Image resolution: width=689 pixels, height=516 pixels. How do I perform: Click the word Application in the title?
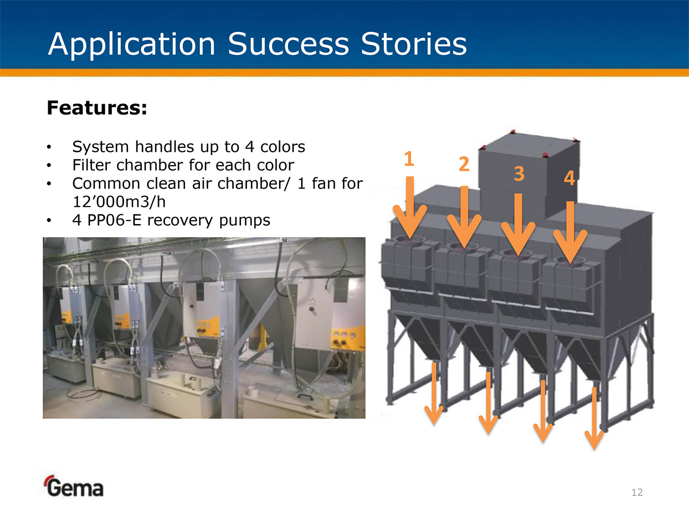(131, 45)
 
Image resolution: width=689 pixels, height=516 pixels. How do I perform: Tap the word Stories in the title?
(414, 44)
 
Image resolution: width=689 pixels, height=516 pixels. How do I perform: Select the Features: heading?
(96, 108)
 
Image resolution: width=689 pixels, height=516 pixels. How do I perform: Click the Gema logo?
(74, 486)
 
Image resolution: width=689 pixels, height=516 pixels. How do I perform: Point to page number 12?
(637, 492)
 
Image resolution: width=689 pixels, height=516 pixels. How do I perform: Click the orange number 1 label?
(408, 159)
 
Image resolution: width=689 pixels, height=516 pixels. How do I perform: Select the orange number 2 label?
(464, 164)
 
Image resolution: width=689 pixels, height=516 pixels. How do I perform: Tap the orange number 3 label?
(519, 173)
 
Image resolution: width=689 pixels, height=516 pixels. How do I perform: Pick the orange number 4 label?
(569, 178)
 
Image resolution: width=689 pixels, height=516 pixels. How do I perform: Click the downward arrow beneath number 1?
(409, 207)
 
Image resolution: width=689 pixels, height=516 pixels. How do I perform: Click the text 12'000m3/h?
(119, 202)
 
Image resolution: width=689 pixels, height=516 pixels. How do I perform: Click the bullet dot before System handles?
(49, 146)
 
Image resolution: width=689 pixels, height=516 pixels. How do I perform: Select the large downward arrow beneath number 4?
(570, 232)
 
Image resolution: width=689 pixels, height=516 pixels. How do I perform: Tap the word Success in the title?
(288, 44)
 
